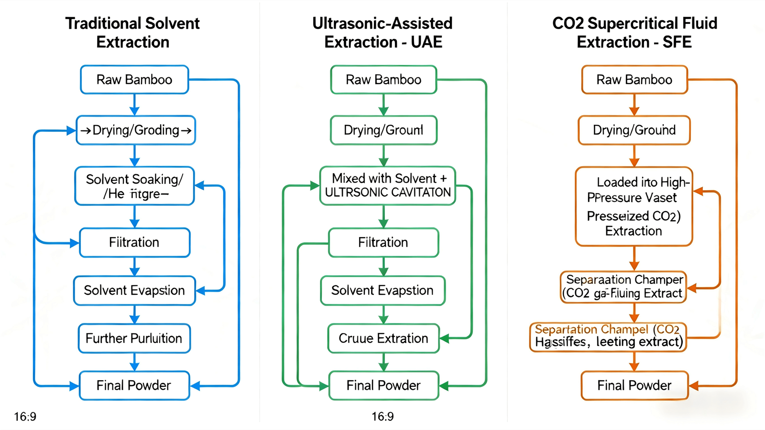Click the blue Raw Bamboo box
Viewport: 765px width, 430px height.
(x=134, y=79)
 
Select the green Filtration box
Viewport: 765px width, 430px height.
(x=383, y=242)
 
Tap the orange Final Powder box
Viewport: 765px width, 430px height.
(x=634, y=385)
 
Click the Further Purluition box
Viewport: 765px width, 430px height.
(x=134, y=338)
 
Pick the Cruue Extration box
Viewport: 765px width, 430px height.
(x=383, y=338)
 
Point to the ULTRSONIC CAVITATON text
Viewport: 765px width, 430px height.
(x=388, y=193)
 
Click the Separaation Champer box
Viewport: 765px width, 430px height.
(x=623, y=287)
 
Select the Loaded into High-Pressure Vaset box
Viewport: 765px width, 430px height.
(x=634, y=206)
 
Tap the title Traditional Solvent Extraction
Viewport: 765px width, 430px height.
(x=132, y=32)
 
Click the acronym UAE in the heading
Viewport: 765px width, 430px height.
(x=426, y=42)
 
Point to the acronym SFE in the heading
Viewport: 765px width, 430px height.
(x=677, y=42)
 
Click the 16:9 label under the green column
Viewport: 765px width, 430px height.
(x=382, y=417)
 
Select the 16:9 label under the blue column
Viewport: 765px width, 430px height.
(x=25, y=417)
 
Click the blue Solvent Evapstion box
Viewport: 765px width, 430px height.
(x=134, y=290)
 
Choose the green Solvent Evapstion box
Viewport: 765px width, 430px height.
(x=382, y=290)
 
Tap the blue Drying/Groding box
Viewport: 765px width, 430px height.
(x=136, y=130)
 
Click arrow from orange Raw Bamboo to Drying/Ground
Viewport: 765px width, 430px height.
(x=634, y=105)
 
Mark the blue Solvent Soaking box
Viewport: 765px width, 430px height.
(x=134, y=186)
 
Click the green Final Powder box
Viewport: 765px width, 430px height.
(x=383, y=385)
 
